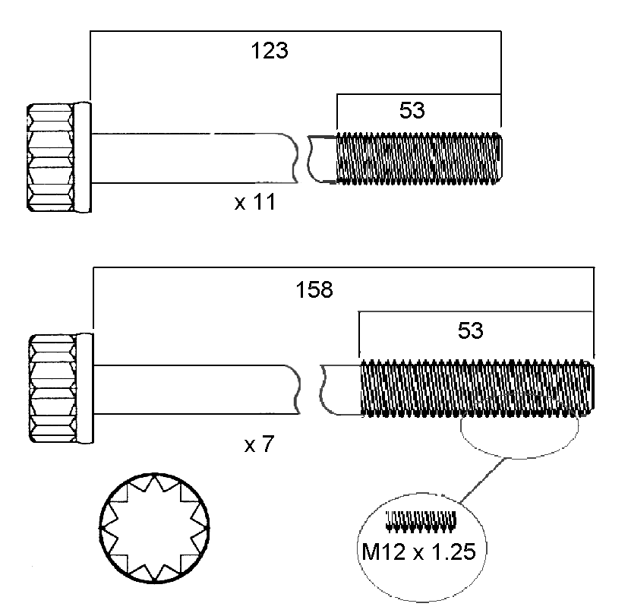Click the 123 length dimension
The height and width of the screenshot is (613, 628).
coord(270,51)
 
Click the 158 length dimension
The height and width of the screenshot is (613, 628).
coord(314,289)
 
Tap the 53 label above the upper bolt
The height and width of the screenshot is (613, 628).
coord(412,110)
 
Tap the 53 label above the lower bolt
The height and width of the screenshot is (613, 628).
coord(471,330)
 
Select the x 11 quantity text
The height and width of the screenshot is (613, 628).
coord(255,202)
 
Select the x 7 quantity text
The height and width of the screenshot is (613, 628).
coord(259,444)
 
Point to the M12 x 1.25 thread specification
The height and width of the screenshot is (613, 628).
coord(419,551)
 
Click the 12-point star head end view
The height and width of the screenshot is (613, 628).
coord(155,528)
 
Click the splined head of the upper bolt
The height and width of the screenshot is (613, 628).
coord(51,157)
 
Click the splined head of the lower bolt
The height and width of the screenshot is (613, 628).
coord(53,388)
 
